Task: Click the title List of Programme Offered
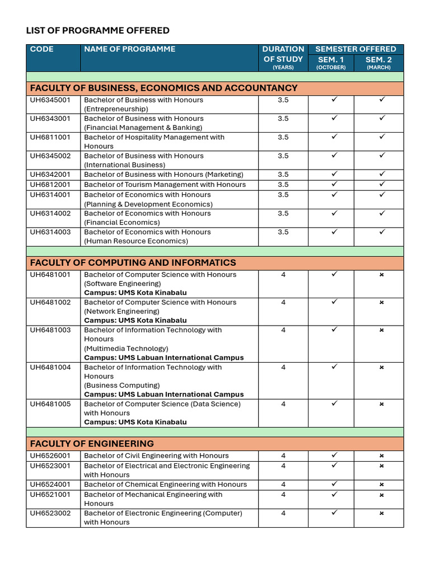97,30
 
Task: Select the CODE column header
42,49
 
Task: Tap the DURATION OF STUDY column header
283,54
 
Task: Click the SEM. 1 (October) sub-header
331,59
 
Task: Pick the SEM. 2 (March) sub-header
378,59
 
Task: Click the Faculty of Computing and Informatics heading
133,262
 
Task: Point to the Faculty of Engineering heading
92,444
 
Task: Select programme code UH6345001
50,100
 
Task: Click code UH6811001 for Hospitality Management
50,137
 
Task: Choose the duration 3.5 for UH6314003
283,232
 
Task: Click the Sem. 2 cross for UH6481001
381,275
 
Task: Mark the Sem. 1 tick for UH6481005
334,403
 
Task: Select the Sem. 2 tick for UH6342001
382,174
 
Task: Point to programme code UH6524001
50,485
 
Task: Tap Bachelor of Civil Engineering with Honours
156,456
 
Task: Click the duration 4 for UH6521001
283,495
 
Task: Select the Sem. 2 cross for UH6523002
381,513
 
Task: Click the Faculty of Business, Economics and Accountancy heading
163,88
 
